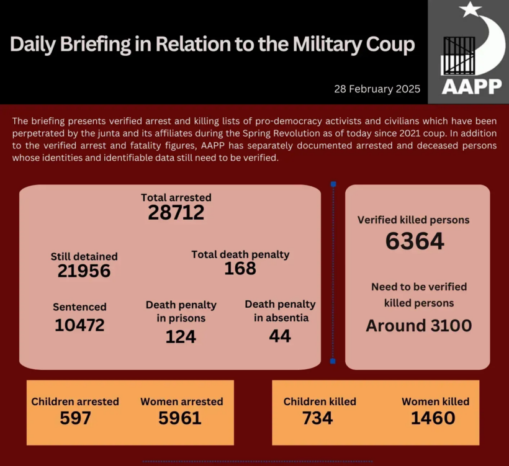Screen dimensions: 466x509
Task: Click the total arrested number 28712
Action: tap(176, 213)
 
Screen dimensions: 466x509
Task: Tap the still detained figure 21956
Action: tap(84, 271)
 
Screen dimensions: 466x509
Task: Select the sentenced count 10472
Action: tap(79, 325)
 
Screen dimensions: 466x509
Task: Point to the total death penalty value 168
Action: tap(240, 268)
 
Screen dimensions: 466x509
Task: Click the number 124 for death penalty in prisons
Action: tap(181, 336)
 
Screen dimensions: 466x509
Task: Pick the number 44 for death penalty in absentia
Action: tap(280, 336)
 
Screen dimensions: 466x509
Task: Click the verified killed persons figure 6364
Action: tap(415, 241)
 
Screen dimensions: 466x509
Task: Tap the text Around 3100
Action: tap(418, 325)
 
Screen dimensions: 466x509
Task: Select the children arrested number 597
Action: tap(75, 418)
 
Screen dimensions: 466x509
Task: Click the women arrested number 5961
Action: tap(180, 418)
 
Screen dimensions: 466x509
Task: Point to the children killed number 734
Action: tap(317, 418)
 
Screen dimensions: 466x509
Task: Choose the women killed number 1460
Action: tap(433, 418)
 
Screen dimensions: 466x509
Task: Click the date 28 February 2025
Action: tap(377, 89)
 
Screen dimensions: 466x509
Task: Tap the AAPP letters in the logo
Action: tap(472, 86)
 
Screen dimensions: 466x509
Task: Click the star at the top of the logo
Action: tap(470, 9)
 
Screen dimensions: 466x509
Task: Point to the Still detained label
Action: tap(84, 256)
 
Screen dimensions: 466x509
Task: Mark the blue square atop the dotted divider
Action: tap(333, 184)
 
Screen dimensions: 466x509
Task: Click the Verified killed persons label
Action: tap(413, 220)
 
